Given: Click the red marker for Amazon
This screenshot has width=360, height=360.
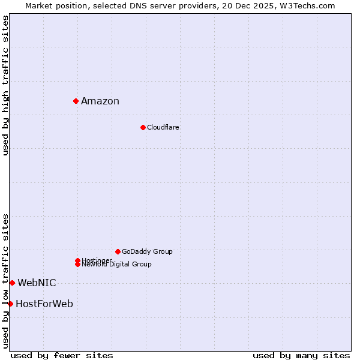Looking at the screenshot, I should point(76,101).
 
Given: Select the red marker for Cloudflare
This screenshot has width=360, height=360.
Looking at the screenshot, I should point(143,127).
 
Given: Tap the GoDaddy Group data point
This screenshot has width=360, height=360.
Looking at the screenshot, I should point(118,251).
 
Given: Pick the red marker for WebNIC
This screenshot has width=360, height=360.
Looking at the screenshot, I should point(12,283).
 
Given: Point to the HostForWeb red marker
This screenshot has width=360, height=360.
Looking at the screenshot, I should point(10,304).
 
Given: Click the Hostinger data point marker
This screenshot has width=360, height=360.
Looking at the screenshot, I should point(78,260).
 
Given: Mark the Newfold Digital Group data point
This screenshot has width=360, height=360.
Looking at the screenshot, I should point(78,264).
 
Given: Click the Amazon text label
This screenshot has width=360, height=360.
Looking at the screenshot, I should point(100,101).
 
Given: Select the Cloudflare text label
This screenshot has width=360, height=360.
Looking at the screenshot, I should point(163,127).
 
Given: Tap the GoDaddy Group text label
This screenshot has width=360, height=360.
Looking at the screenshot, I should point(147,251).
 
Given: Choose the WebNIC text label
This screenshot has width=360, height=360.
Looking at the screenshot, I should point(37,283).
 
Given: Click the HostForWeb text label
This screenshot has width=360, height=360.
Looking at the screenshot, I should point(44,304).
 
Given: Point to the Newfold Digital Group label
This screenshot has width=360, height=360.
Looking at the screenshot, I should point(117,265).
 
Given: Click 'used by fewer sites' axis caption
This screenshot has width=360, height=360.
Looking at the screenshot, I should point(62,355).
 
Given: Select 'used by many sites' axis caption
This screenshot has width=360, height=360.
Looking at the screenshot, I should point(301,355).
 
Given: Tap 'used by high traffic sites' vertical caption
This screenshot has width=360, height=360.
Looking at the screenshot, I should point(6,85).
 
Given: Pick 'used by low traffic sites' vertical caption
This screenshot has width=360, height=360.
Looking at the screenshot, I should point(6,281).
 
